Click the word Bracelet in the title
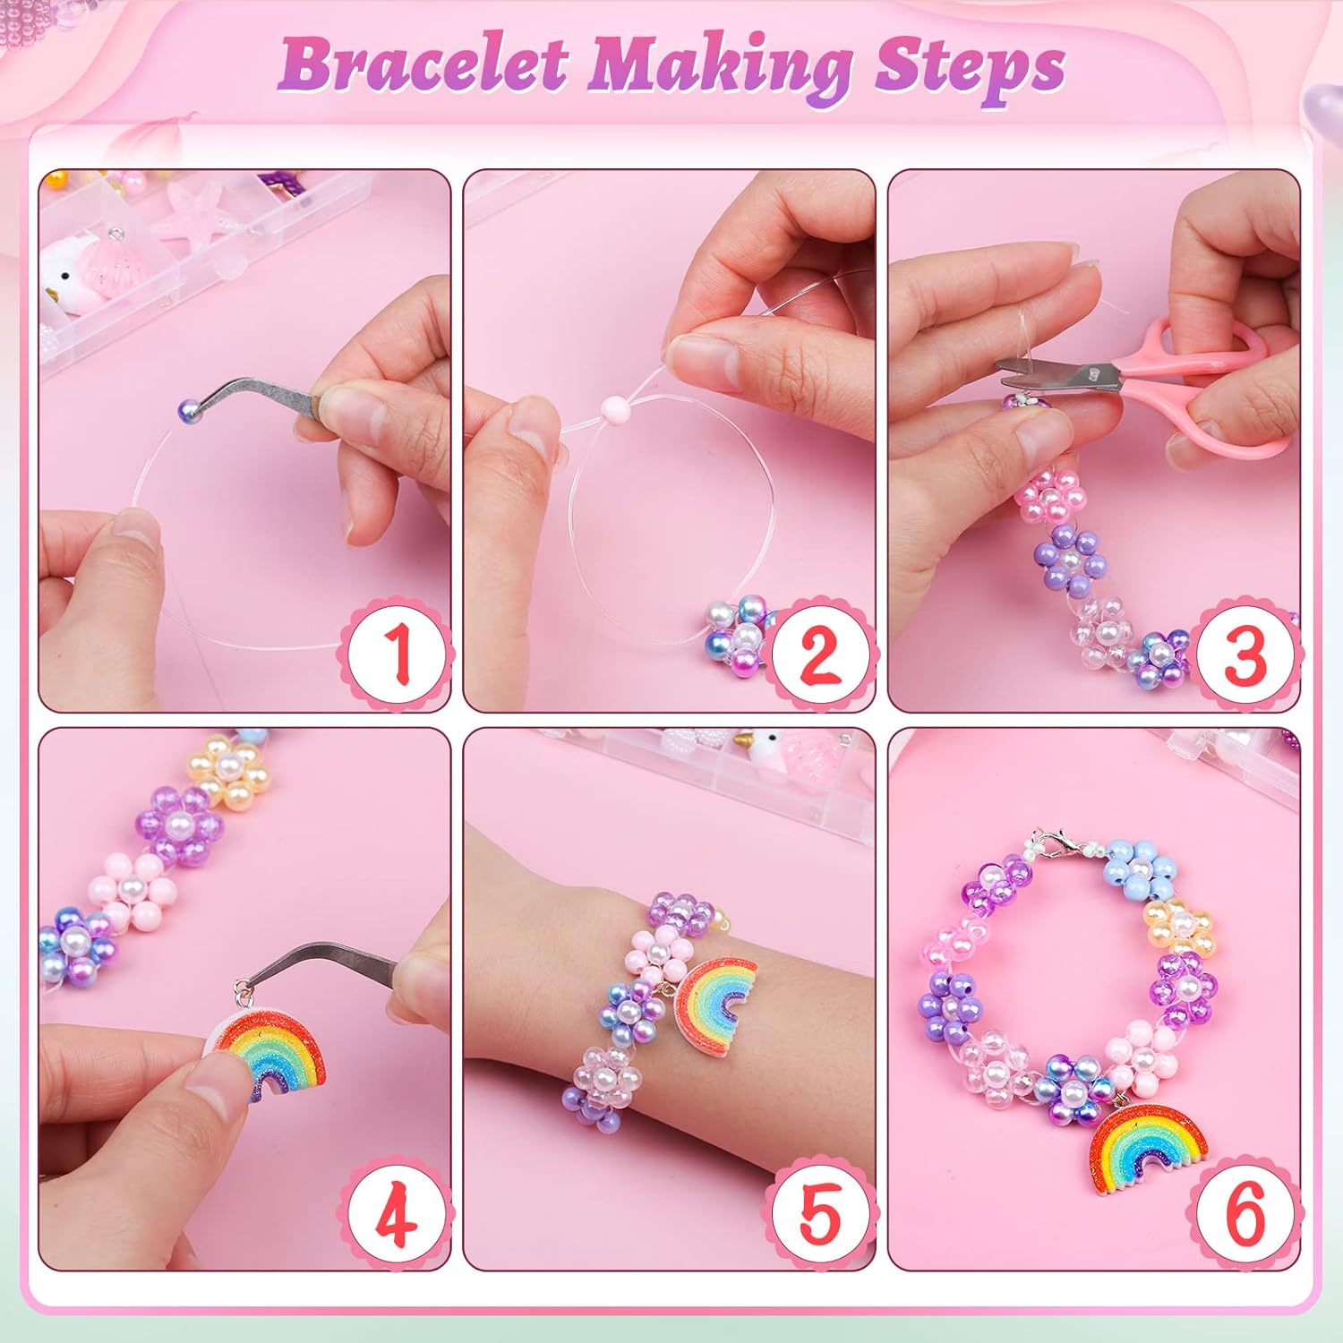coord(422,64)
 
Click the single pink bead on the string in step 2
coord(615,411)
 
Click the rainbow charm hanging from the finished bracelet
coord(1150,1147)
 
